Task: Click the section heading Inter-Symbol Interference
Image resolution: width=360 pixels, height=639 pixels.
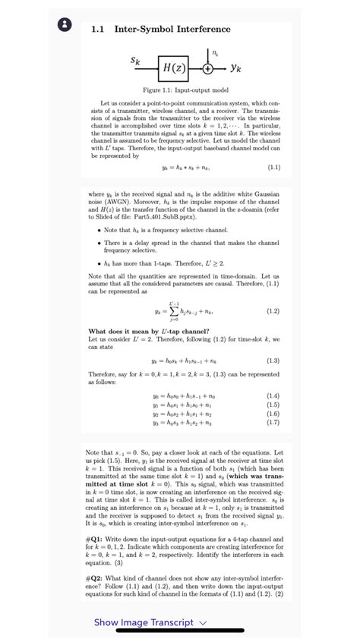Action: click(x=172, y=30)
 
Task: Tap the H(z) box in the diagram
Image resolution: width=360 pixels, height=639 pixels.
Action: click(x=172, y=68)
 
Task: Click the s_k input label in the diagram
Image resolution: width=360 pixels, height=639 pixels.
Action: click(x=135, y=59)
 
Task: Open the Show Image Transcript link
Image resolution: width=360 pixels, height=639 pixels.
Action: click(x=144, y=622)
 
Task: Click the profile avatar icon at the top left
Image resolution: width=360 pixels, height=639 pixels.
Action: click(x=65, y=24)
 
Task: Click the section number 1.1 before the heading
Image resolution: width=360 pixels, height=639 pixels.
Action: click(x=98, y=30)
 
